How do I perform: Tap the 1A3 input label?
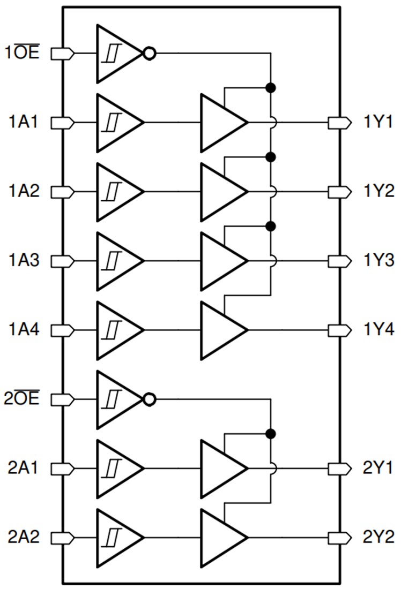(24, 261)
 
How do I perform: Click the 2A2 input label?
(24, 537)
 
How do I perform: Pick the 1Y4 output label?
(378, 330)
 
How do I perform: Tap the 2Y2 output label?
(378, 537)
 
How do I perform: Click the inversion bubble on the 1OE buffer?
(150, 54)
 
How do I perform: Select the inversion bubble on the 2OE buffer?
(150, 399)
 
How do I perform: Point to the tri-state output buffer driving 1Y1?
(220, 123)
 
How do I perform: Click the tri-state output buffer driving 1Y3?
(220, 261)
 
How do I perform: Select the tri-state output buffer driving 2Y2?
(220, 537)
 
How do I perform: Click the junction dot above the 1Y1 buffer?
(271, 87)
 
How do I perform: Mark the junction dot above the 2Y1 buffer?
(271, 433)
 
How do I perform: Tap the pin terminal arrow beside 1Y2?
(336, 192)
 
